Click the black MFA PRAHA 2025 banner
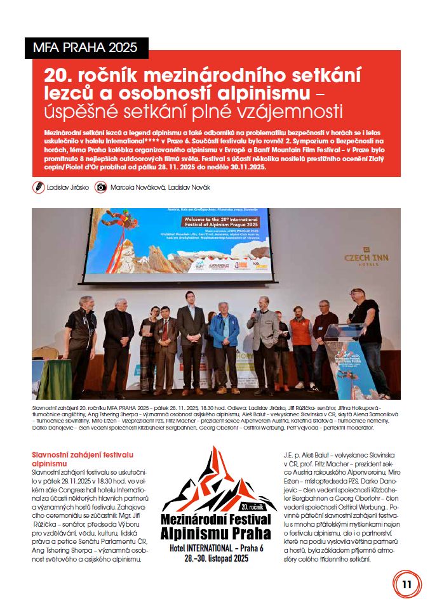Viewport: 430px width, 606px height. click(x=86, y=48)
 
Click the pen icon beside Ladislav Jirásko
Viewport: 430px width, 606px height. click(x=39, y=187)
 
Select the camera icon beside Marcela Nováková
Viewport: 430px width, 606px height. click(x=100, y=187)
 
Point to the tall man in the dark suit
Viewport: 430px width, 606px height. click(x=191, y=339)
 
